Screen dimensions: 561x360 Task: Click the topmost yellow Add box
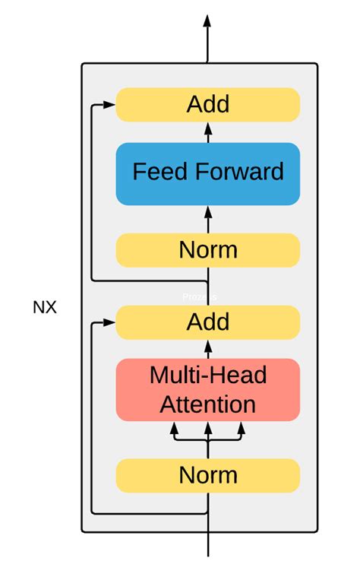point(208,104)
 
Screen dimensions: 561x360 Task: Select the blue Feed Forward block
point(208,173)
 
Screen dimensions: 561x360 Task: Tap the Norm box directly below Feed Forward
point(208,249)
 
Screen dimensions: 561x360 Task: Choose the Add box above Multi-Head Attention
point(208,322)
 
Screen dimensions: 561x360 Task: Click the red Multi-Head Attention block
point(208,389)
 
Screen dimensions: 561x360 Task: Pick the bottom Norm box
point(208,475)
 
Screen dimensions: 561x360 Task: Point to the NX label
point(45,308)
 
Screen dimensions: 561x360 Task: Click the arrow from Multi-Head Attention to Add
point(208,349)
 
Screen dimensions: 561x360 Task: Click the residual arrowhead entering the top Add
point(110,105)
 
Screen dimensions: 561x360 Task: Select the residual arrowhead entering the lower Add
point(110,323)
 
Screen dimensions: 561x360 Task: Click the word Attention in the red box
point(208,403)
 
